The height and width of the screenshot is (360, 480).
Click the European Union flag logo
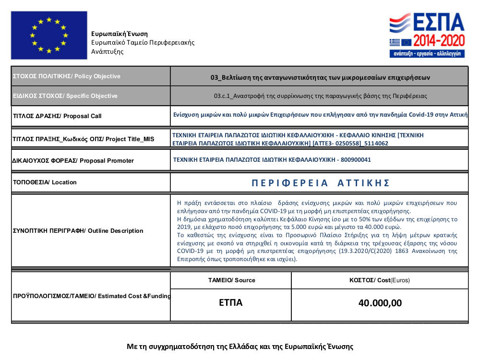pos(49,35)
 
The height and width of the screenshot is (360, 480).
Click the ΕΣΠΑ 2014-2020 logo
pos(427,35)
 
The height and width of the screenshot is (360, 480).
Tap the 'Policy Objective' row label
pos(66,76)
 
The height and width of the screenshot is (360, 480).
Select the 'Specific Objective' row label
pos(65,96)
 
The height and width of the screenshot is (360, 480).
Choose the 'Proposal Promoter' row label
pos(72,160)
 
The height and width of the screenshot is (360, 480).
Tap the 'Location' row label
pos(44,182)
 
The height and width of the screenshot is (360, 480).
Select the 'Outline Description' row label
pos(77,231)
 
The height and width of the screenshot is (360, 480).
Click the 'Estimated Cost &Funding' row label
pos(91,296)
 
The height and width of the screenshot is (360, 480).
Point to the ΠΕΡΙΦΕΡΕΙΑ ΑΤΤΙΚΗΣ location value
pos(320,183)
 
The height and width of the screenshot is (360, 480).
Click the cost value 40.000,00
pos(380,303)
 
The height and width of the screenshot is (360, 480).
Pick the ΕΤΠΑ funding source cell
pos(230,303)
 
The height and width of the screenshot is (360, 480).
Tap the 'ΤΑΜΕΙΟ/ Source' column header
pos(231,280)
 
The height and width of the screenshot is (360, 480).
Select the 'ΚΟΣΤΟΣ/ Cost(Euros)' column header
pos(380,280)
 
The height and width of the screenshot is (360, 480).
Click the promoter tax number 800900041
pos(356,160)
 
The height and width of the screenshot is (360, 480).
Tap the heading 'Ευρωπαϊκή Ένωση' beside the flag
pos(120,34)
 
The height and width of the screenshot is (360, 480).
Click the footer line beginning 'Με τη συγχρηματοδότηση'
pos(240,346)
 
